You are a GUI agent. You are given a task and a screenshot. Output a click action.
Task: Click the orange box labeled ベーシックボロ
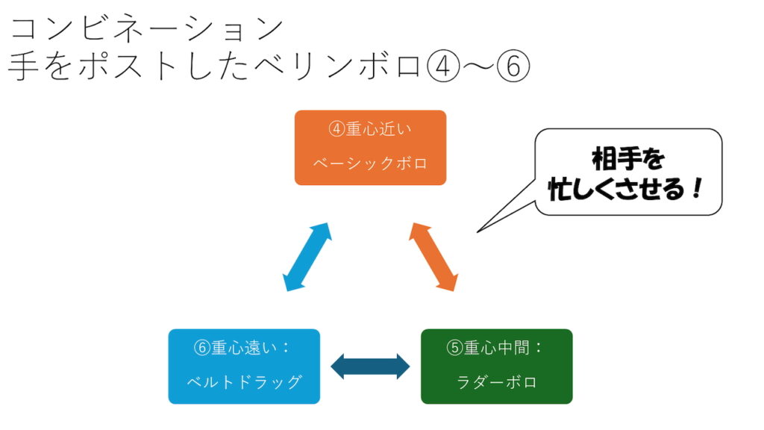370,148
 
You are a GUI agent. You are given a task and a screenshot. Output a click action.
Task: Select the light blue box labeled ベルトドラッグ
244,367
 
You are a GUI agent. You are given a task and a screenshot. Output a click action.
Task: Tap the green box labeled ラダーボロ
496,367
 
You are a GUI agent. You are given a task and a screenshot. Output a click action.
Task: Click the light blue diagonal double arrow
307,256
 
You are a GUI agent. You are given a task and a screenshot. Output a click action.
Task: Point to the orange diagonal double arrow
433,256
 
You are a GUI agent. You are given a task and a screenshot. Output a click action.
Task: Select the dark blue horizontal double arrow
370,367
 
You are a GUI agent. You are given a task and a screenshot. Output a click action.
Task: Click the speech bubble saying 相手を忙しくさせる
628,172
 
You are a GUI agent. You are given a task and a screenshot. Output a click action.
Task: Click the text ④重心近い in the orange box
370,128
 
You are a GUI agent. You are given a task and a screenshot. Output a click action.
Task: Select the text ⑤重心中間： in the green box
496,348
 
